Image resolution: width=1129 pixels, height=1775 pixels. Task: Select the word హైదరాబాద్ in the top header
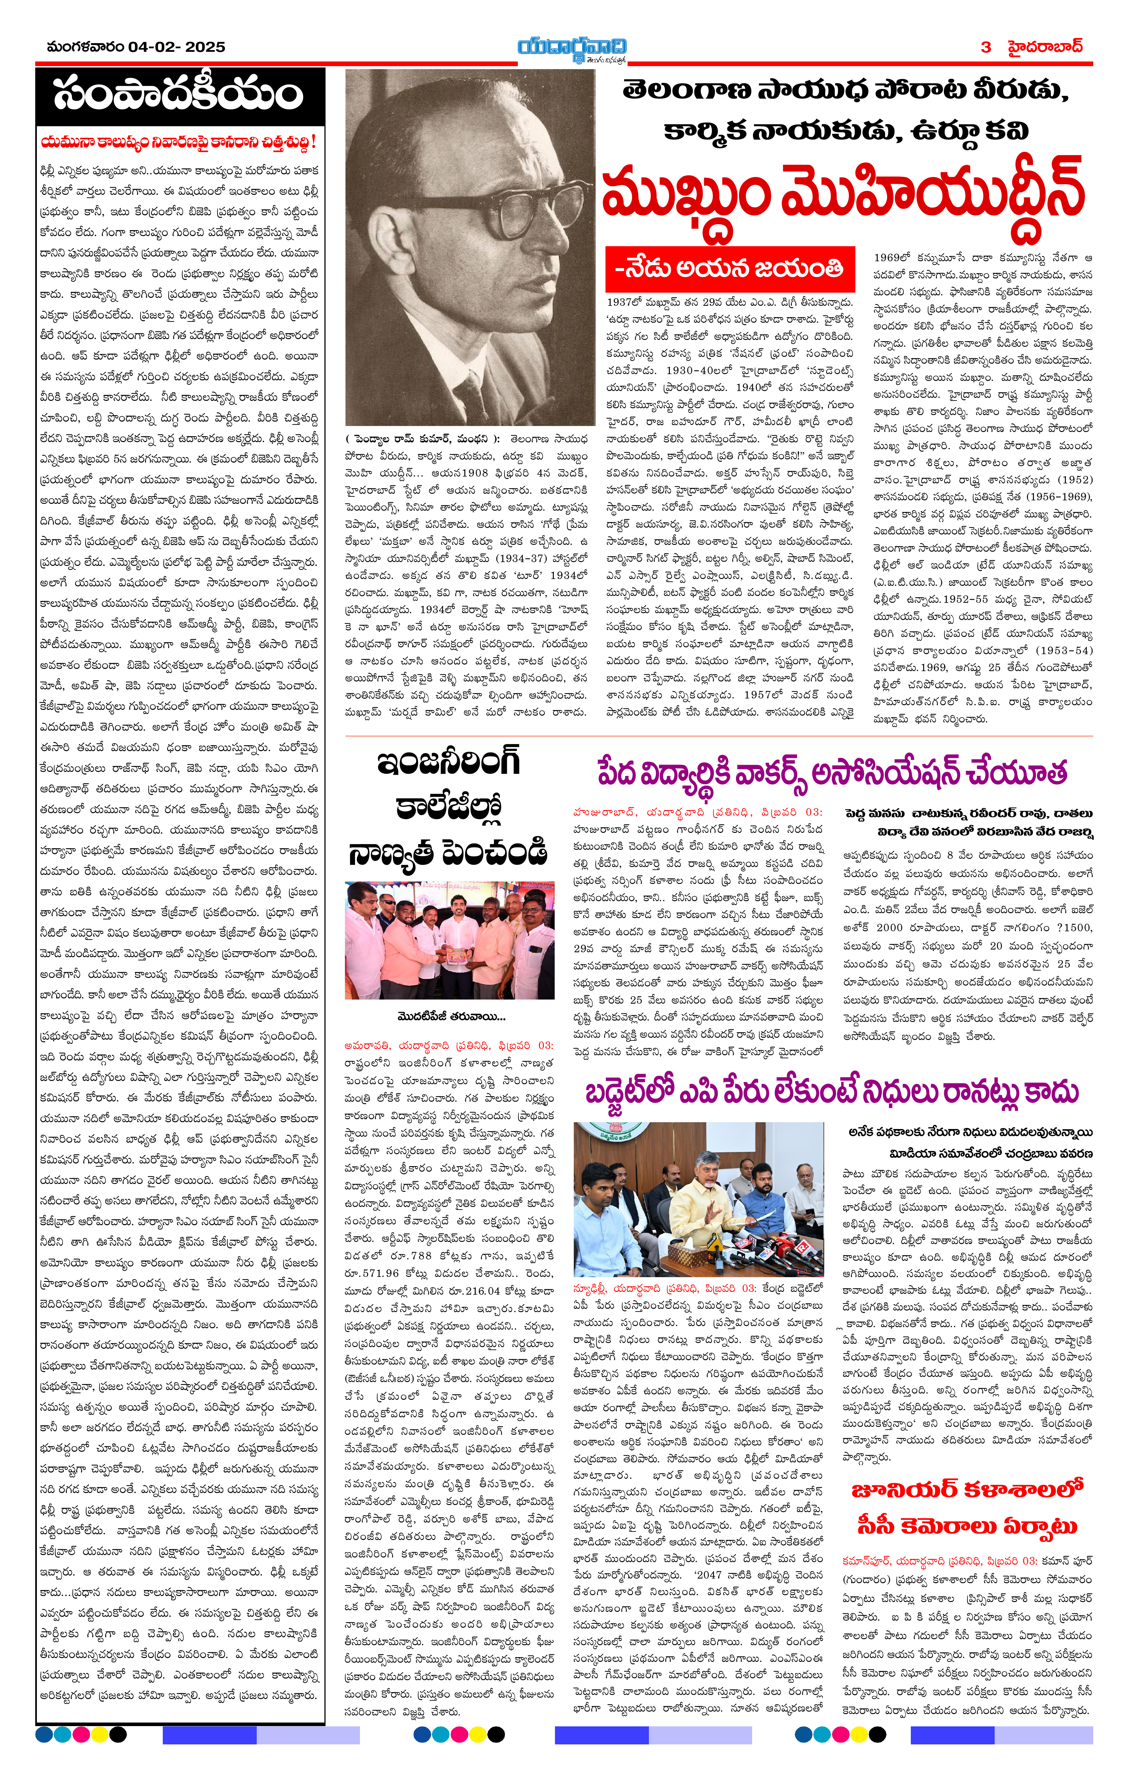tap(1046, 46)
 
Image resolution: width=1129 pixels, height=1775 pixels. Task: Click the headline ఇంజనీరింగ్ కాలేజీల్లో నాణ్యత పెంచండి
tap(449, 807)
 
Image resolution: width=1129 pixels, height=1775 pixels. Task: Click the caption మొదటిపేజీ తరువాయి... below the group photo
tap(451, 1016)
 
